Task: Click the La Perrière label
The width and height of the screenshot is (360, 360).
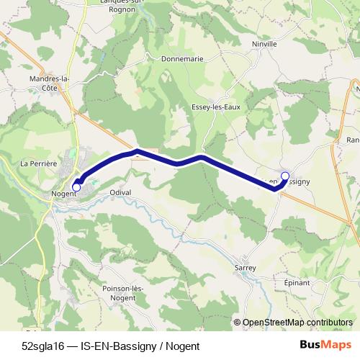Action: point(39,163)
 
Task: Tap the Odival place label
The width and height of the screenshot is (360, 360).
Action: point(120,192)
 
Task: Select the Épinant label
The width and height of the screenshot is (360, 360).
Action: point(297,283)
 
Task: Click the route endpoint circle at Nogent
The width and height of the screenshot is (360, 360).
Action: point(76,187)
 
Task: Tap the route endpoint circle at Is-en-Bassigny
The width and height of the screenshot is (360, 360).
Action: point(284,176)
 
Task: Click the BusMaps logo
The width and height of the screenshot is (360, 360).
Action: point(325,344)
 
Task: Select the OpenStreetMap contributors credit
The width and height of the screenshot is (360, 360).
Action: point(297,323)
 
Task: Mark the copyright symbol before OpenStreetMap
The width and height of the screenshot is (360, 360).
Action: point(237,323)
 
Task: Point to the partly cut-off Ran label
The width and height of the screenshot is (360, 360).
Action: point(353,140)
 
